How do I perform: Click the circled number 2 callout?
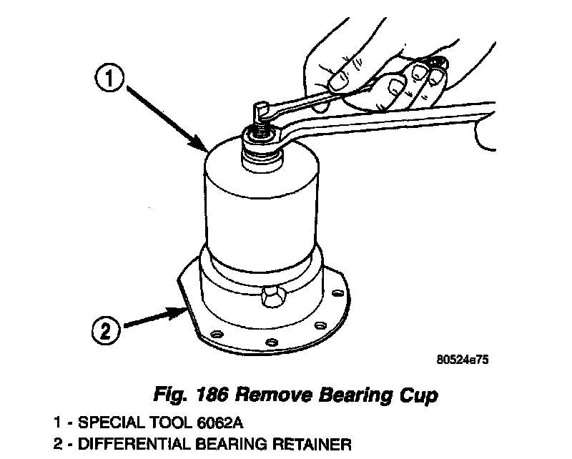click(x=105, y=330)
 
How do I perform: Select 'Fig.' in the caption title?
click(x=172, y=394)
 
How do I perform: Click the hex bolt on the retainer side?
click(x=272, y=298)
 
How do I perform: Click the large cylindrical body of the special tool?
click(x=261, y=207)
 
